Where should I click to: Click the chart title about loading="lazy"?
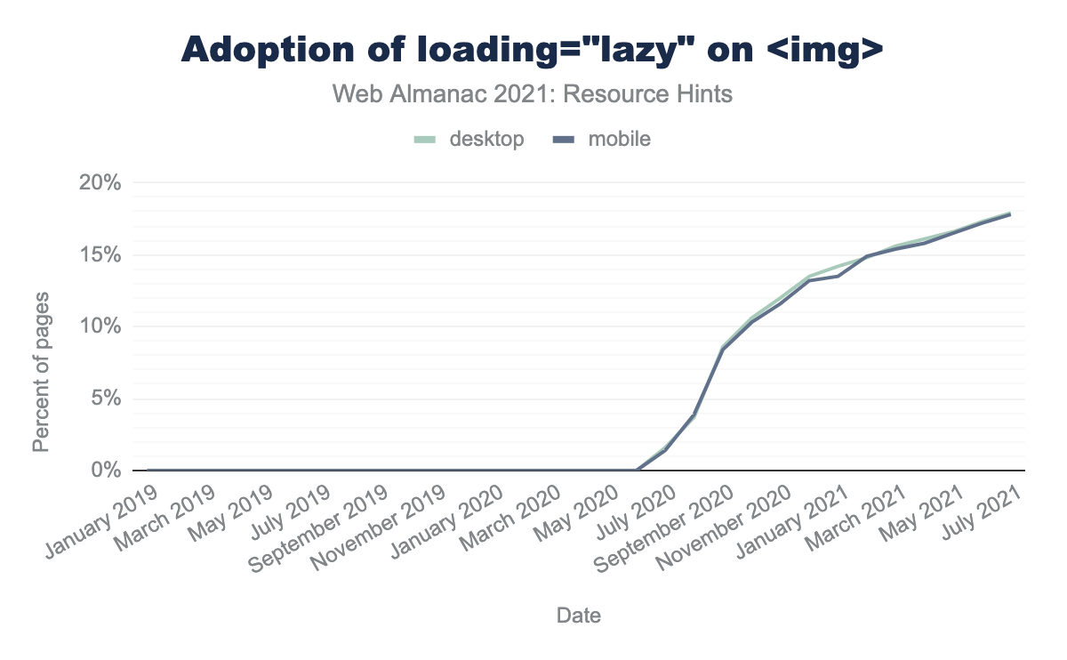point(533,51)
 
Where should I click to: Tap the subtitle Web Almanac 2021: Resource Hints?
point(533,93)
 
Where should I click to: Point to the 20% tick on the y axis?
point(100,183)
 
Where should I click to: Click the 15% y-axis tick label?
point(100,255)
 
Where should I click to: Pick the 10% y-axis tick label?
point(100,326)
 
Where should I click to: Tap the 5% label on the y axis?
point(106,398)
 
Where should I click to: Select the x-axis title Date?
point(578,615)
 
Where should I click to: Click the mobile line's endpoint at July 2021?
point(1010,214)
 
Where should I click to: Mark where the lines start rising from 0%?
point(637,470)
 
